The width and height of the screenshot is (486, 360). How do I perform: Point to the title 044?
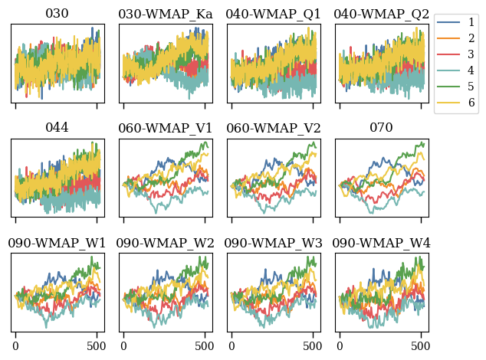coord(57,128)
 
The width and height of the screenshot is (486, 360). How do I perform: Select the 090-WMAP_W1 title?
coord(57,243)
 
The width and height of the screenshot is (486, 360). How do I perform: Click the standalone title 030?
coord(57,14)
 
